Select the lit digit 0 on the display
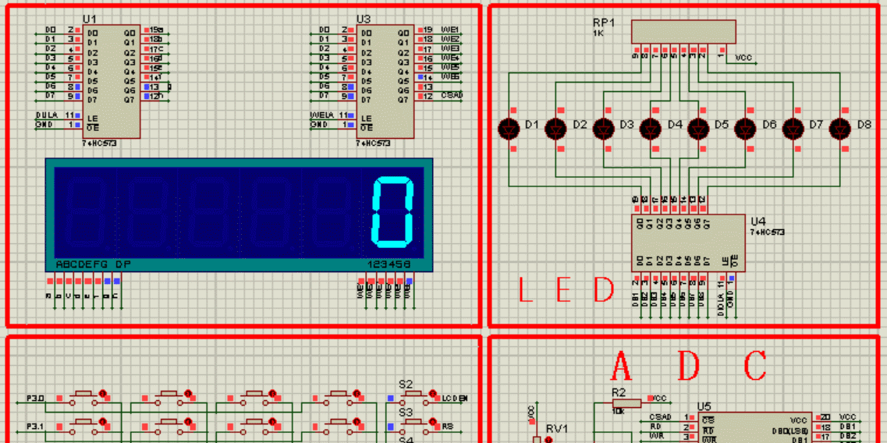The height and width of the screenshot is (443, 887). tap(392, 212)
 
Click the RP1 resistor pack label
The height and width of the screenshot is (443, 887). tap(604, 23)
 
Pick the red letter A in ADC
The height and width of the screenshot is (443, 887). tap(621, 365)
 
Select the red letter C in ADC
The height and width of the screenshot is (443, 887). tap(755, 365)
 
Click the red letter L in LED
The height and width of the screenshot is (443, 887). tap(526, 290)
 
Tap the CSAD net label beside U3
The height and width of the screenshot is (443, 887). tap(452, 95)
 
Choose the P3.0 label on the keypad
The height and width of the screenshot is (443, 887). tap(35, 399)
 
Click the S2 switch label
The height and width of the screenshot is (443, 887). tap(406, 385)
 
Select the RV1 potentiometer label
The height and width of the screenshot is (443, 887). tap(557, 428)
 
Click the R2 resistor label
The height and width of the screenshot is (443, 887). tap(619, 392)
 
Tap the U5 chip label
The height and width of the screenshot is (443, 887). tap(704, 406)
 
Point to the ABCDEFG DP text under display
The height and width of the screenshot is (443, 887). tap(93, 264)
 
